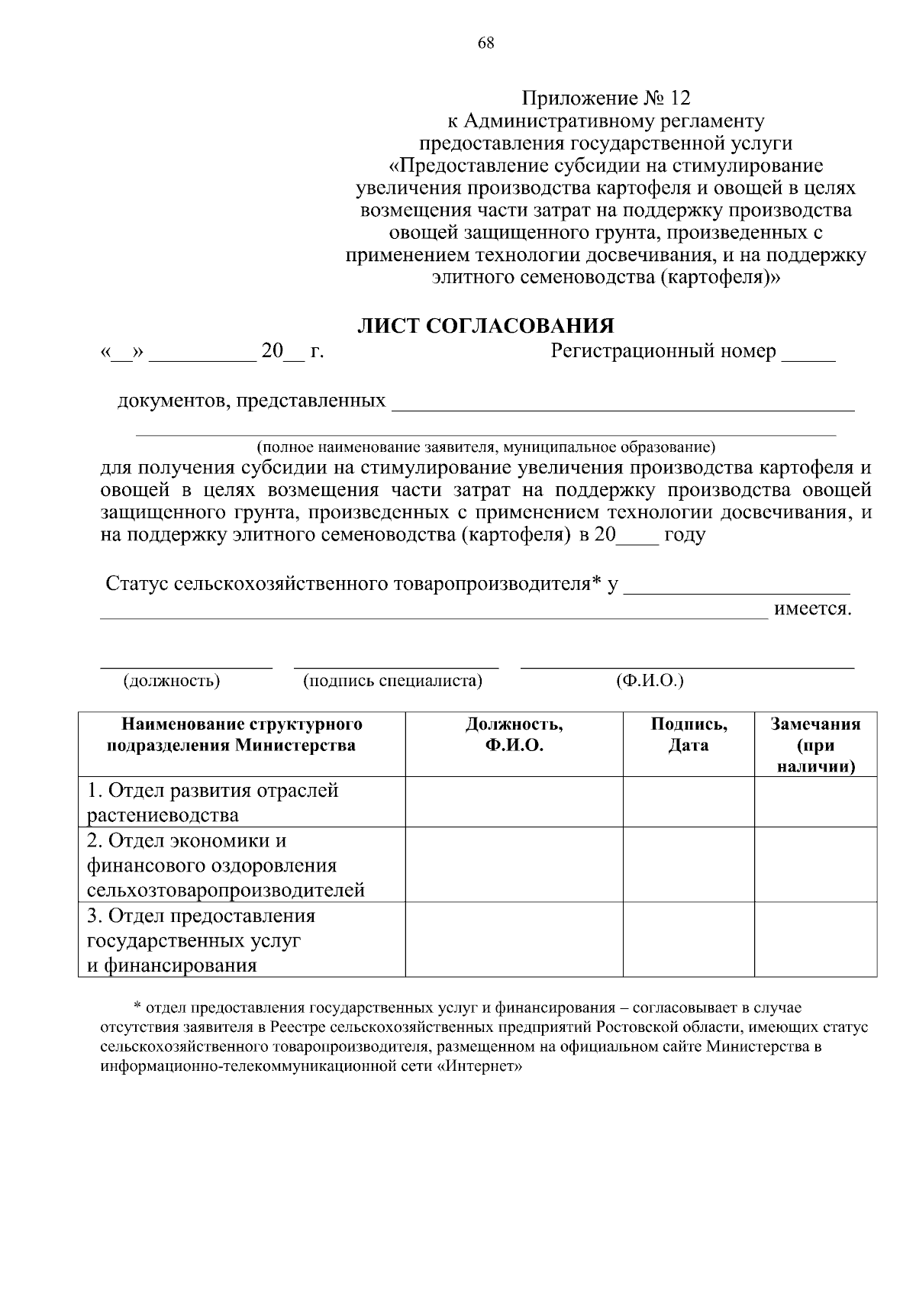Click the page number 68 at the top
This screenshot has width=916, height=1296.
486,43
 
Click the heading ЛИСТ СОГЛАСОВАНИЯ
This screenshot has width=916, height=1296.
485,327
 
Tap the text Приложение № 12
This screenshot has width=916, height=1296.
605,98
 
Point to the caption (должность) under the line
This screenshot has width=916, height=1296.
173,681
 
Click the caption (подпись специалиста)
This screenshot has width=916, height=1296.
392,681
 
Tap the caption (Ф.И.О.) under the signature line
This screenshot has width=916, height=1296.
650,681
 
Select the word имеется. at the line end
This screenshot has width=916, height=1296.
812,610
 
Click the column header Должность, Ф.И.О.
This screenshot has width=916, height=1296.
514,735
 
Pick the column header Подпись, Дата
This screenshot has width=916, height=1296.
689,735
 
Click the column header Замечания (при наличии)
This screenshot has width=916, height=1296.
815,745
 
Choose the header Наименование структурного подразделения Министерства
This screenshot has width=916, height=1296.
232,735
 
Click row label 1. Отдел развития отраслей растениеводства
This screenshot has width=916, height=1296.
213,802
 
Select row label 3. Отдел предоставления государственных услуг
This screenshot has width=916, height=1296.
201,940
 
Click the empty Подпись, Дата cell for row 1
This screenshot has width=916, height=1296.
689,802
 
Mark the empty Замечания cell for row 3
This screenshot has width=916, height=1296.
815,940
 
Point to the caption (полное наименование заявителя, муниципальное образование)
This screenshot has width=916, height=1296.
485,446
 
